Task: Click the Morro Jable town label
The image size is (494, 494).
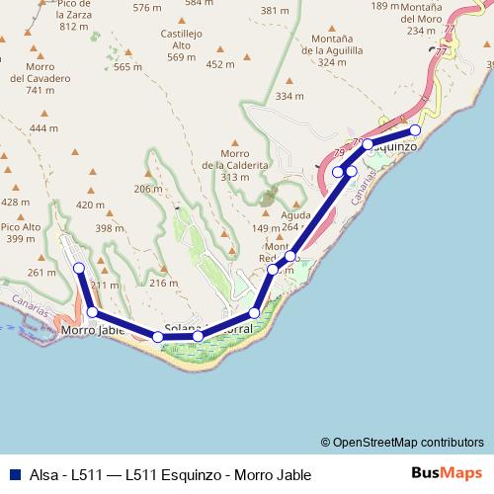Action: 91,331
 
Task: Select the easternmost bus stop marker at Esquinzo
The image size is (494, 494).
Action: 415,129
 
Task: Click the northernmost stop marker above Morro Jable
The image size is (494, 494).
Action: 78,268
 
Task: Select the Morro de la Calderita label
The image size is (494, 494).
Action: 234,165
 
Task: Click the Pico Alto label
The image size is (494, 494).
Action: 22,232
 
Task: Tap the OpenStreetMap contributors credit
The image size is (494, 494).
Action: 402,443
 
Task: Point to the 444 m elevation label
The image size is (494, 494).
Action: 43,128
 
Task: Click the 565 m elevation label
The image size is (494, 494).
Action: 128,67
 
